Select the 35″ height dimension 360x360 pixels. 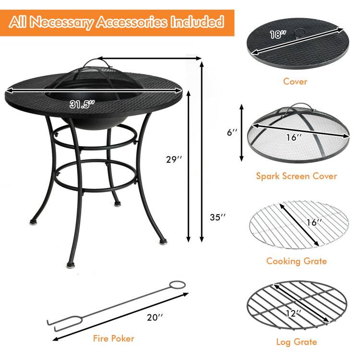point(217,217)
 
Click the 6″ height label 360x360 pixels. point(233,132)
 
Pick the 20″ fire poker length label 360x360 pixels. point(155,317)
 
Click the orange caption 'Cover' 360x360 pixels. point(295,81)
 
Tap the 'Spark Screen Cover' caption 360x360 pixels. point(296,176)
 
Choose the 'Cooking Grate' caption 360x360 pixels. point(296,261)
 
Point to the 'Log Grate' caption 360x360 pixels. point(296,342)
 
